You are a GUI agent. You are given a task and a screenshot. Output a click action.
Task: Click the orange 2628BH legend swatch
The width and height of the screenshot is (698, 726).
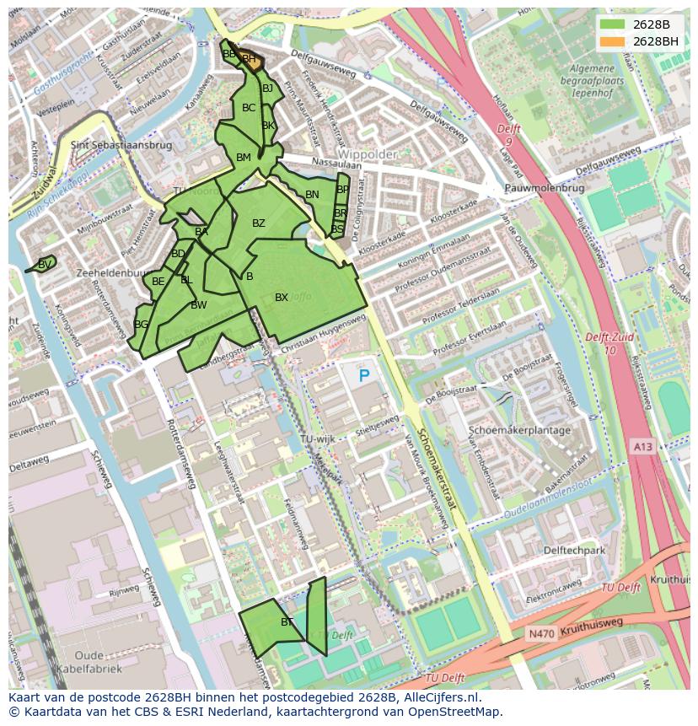613,41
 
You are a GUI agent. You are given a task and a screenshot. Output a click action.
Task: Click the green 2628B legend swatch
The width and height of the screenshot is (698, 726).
613,24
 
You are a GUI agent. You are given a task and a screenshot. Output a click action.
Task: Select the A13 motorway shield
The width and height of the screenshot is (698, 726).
642,447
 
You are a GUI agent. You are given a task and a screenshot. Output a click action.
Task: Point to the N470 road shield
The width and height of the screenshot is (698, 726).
540,632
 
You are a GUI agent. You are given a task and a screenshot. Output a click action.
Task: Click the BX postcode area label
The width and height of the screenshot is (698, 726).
282,298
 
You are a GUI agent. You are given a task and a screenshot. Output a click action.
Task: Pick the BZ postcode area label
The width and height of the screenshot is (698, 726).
259,223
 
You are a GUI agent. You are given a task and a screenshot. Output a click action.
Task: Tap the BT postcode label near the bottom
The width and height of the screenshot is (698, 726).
287,622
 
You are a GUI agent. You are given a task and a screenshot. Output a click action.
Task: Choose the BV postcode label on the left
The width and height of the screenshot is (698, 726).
45,264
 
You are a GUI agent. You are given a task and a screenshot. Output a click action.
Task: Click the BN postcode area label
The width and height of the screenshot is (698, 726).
312,195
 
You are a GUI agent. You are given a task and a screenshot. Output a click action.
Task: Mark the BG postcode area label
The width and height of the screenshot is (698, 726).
141,325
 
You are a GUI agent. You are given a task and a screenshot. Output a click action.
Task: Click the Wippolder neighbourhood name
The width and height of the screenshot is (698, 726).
368,155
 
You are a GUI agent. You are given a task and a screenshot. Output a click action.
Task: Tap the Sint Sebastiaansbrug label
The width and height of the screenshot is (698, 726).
121,145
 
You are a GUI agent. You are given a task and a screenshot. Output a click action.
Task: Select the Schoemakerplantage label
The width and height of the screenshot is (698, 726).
520,430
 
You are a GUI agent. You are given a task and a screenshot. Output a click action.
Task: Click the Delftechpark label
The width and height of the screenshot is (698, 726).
575,550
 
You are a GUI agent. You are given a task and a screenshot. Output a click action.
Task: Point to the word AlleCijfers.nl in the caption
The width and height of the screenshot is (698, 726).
439,698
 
